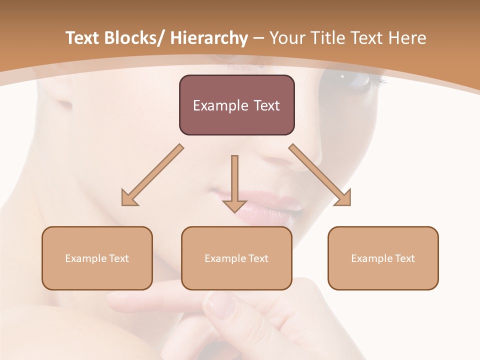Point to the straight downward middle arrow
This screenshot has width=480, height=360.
[234, 185]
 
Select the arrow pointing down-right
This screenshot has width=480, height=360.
[320, 175]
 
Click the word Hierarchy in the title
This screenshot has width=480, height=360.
[209, 38]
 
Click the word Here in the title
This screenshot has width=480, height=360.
[407, 38]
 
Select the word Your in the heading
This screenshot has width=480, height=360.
[286, 38]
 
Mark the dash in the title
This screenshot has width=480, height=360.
[258, 39]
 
